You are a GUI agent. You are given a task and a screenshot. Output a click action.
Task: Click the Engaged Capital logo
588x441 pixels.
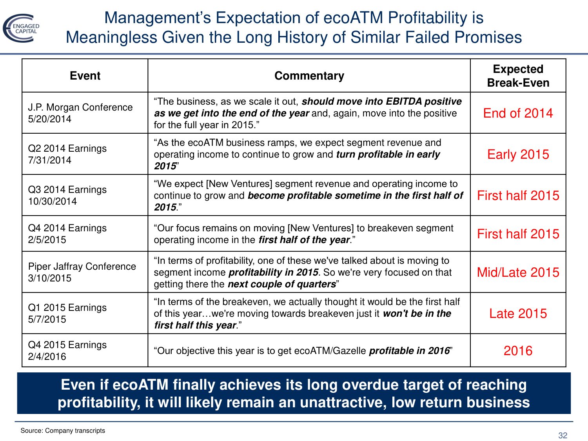tap(21, 28)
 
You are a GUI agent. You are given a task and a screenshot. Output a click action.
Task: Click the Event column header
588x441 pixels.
tap(85, 76)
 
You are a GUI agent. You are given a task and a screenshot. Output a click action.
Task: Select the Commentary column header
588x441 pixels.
tap(309, 76)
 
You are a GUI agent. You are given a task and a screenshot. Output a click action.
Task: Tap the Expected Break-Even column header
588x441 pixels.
tap(518, 76)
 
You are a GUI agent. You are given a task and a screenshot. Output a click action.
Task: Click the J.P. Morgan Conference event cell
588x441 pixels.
tap(80, 113)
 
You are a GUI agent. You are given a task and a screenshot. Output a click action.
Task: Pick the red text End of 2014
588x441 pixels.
tap(518, 113)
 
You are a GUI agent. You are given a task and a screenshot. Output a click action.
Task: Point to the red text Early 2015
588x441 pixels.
tap(518, 154)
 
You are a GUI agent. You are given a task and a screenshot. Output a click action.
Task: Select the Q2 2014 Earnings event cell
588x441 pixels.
tap(67, 154)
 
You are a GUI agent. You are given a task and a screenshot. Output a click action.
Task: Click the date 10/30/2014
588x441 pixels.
tap(53, 201)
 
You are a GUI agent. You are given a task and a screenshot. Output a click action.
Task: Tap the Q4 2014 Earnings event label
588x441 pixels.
tap(67, 228)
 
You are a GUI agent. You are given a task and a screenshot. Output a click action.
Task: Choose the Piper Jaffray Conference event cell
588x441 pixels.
tap(82, 272)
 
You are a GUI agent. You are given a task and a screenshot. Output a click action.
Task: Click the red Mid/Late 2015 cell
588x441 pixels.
tap(518, 272)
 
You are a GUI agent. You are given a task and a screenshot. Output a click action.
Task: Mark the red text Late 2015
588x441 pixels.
tap(518, 314)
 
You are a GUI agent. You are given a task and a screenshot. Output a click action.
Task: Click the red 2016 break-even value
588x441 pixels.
tap(518, 351)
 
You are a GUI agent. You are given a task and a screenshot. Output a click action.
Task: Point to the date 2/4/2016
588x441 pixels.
tap(47, 357)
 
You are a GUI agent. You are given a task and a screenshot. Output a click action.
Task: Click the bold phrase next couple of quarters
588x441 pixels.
tap(282, 284)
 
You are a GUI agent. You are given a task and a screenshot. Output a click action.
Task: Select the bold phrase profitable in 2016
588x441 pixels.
tap(409, 351)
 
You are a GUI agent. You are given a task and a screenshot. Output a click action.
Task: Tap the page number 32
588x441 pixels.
tap(563, 436)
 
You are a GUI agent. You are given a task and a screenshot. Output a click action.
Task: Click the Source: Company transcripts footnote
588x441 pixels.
tap(63, 430)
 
